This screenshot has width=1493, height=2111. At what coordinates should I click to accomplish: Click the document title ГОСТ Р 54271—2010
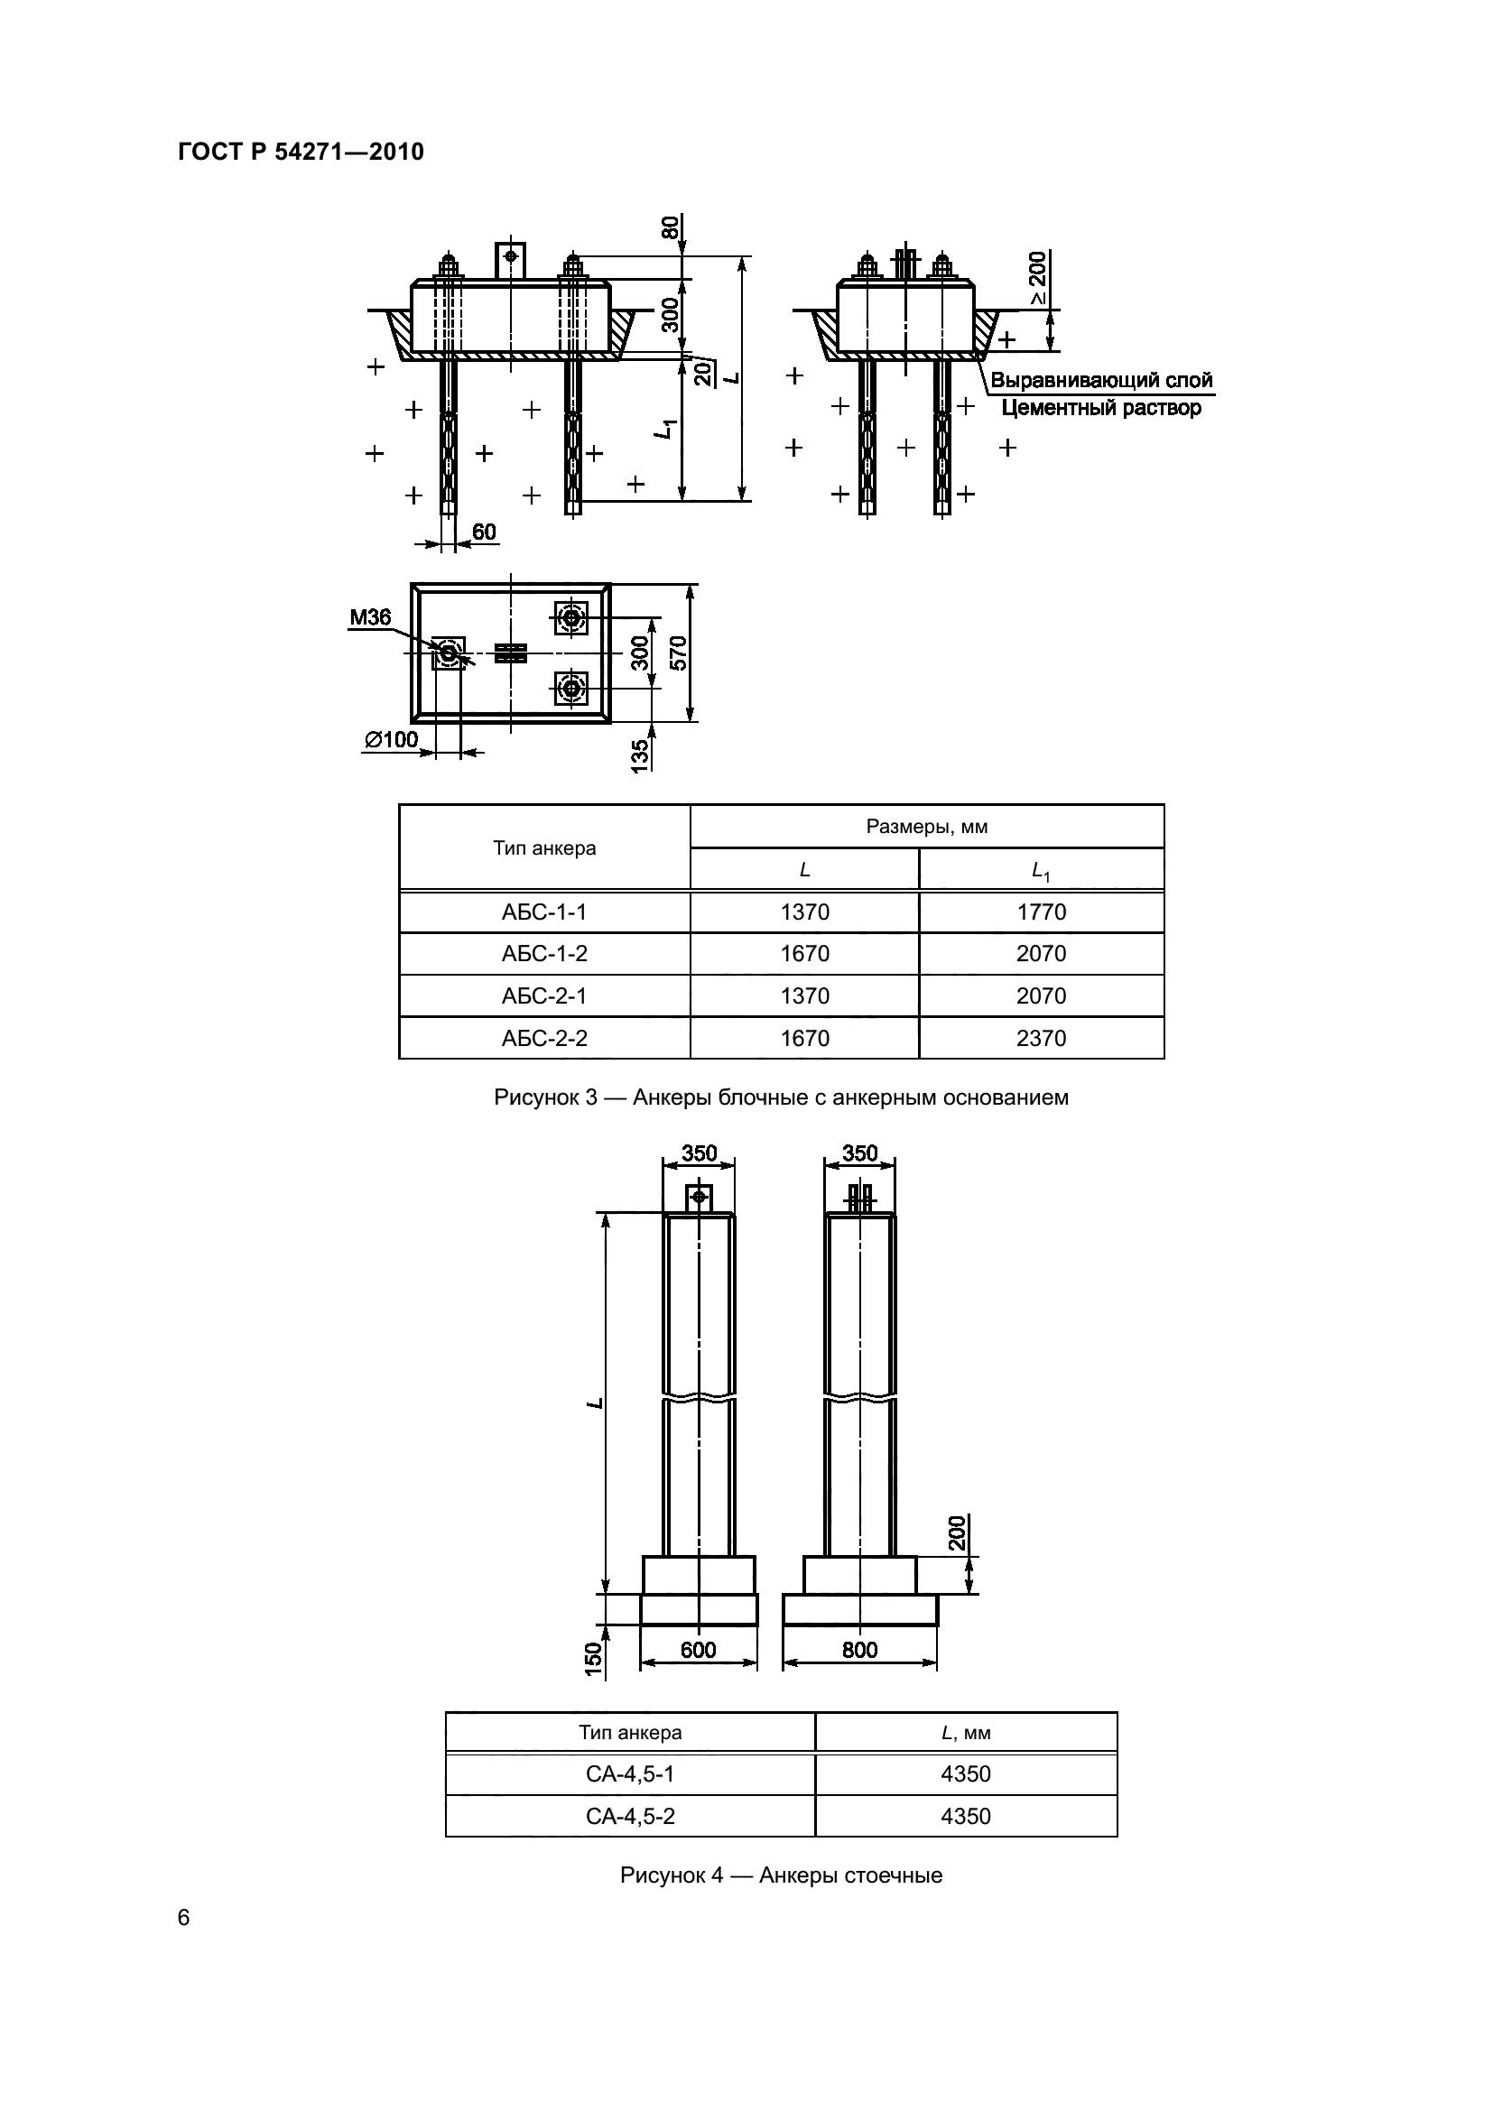[301, 152]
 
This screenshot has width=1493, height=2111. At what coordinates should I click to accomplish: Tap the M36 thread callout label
[369, 618]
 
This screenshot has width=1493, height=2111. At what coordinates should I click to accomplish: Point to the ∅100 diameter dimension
[391, 739]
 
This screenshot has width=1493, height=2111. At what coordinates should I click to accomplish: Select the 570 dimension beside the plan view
[679, 653]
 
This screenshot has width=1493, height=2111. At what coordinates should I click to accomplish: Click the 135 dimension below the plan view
[641, 755]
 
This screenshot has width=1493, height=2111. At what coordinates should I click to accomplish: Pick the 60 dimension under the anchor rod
[484, 532]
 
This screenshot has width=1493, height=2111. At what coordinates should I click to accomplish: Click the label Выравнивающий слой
[1100, 381]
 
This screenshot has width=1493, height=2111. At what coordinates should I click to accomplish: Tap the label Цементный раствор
[1100, 407]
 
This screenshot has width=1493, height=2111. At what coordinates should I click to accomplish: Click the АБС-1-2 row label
[544, 953]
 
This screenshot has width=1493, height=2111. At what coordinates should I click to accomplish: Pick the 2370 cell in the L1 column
[1041, 1038]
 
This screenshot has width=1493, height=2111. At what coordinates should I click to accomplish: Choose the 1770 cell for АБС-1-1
[1041, 912]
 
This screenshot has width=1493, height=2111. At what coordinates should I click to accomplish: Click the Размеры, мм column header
[927, 827]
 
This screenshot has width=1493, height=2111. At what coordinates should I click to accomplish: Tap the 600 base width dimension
[698, 1651]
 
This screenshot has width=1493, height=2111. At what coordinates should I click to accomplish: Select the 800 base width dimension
[859, 1651]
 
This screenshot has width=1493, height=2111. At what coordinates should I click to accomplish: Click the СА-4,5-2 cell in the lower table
[630, 1816]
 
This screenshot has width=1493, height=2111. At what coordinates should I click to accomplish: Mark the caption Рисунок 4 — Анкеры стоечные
[782, 1875]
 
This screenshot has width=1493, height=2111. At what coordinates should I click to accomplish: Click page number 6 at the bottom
[184, 1918]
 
